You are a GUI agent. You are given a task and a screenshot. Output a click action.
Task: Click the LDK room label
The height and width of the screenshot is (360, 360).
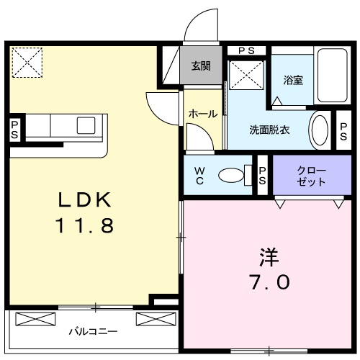point(85,198)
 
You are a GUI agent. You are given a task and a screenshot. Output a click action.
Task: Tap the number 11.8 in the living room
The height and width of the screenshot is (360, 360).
point(85,226)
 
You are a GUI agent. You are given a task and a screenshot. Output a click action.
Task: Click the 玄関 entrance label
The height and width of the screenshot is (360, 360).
point(201,66)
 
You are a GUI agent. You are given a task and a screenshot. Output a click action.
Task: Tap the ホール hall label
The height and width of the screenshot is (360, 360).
point(202,114)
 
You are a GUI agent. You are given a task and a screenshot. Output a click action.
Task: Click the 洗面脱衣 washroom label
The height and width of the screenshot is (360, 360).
point(269,130)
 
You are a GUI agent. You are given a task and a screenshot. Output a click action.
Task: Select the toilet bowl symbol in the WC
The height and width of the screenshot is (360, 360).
point(231,174)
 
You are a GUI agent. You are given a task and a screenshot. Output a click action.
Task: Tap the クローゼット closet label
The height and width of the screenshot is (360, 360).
point(311,176)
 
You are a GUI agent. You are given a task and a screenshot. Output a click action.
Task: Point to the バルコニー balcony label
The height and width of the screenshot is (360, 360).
point(94,332)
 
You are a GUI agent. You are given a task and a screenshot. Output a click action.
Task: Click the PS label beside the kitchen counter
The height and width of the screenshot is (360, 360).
point(14,130)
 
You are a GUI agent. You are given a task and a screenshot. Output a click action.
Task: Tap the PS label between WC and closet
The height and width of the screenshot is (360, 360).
point(263,176)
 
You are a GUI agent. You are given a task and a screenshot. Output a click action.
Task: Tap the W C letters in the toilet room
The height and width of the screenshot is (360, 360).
point(200,175)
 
